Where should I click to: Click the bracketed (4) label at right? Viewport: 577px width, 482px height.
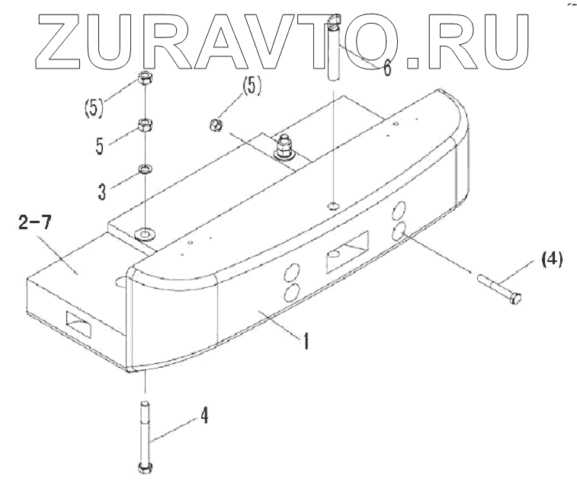click(551, 260)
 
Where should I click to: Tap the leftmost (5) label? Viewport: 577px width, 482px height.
click(92, 108)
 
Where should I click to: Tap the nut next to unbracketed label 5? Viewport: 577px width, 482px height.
click(144, 124)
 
